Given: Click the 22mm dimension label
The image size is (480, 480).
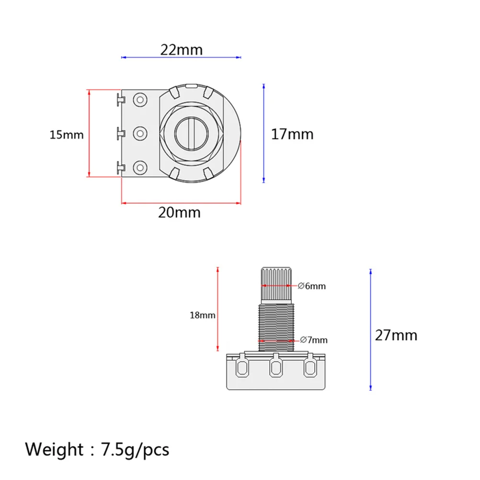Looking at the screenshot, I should pos(181,49).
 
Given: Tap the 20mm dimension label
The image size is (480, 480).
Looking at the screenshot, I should pos(179,212).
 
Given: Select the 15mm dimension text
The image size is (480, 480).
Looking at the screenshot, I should pos(67,135).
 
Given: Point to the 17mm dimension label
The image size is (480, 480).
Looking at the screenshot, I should pos(292,134).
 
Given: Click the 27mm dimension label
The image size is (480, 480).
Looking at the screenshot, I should pos(396,335).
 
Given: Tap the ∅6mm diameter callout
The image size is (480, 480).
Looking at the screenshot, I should pos(311,286).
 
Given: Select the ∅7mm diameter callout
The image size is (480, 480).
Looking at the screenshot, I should pos(313,340).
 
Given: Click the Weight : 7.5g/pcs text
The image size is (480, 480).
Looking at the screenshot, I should pos(97,449).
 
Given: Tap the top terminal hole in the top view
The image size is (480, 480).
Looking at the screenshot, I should pos(140,99).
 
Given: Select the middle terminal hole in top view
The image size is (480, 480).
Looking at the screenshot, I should pos(140,133).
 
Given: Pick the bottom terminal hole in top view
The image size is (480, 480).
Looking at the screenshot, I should pos(140,167).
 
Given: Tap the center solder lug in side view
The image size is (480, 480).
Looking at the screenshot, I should pos(276,367).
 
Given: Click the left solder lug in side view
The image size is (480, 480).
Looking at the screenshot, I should pos(242,367).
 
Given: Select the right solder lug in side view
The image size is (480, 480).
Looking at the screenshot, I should pos(310,367).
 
